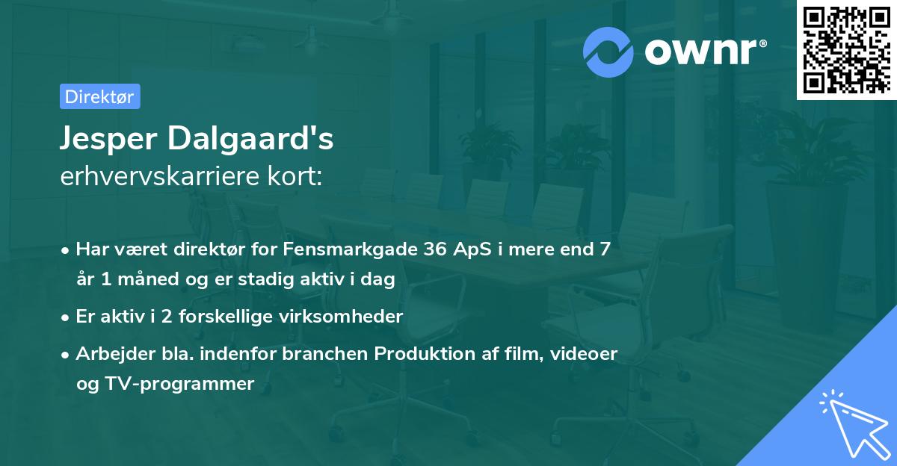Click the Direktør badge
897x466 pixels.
tap(99, 96)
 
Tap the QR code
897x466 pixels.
tap(846, 49)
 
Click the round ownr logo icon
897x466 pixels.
tap(608, 52)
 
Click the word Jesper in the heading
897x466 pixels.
tap(112, 140)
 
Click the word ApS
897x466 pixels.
tap(472, 249)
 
